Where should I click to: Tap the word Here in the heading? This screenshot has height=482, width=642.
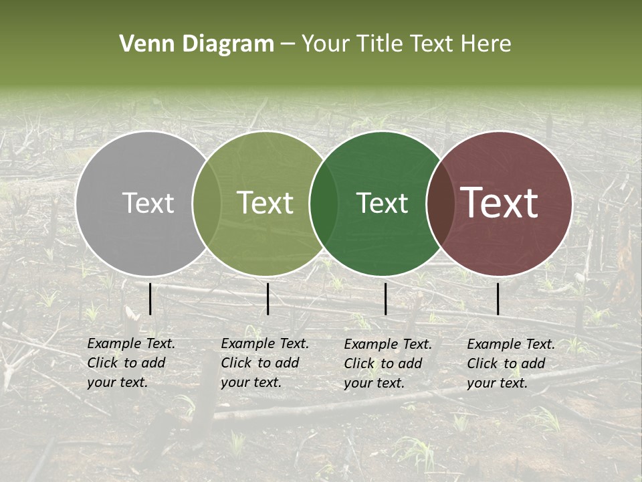[x=486, y=44]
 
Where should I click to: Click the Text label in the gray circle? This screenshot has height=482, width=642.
[x=148, y=203]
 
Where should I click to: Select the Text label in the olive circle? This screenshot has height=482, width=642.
[x=265, y=203]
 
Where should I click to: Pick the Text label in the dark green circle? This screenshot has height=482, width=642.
[x=382, y=203]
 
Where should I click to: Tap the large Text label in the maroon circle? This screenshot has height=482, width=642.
[x=500, y=203]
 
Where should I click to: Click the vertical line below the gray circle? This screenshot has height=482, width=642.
[x=150, y=299]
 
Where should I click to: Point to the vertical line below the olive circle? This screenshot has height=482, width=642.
[x=267, y=299]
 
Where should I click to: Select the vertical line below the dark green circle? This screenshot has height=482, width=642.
[x=385, y=299]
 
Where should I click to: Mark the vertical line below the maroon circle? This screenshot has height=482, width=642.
[x=498, y=299]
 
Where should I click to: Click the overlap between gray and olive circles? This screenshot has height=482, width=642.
[x=207, y=203]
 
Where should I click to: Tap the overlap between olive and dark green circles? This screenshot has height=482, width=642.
[x=323, y=203]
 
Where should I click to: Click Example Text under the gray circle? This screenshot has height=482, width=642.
[x=131, y=343]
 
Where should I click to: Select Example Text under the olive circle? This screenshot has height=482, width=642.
[x=265, y=343]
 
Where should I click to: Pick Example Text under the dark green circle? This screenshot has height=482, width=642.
[x=388, y=344]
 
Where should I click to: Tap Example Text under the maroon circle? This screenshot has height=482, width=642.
[x=511, y=344]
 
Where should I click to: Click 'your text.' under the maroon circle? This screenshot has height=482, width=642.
[x=497, y=383]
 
